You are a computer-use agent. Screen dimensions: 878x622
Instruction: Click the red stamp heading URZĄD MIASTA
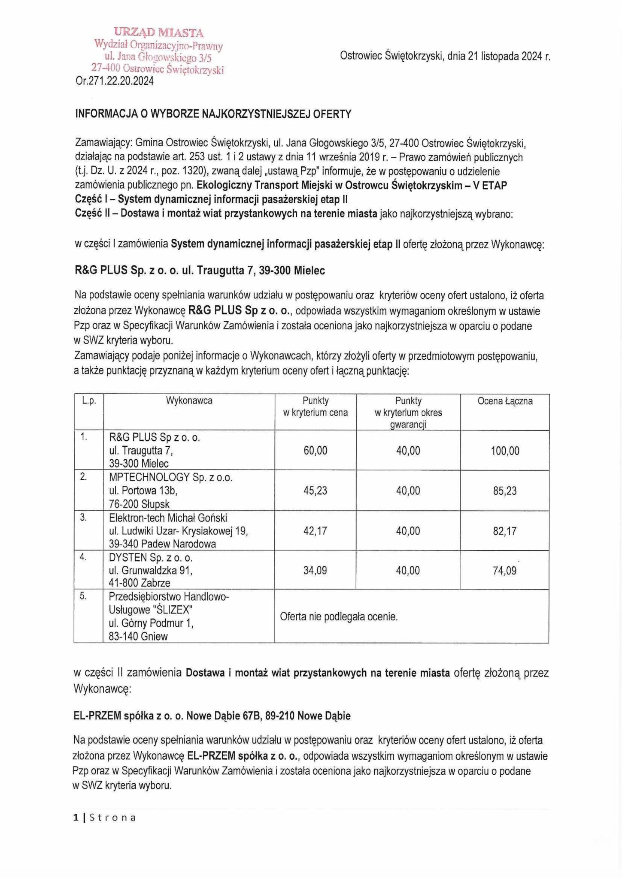(x=158, y=33)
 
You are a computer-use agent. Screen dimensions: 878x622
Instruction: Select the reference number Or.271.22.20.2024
(x=115, y=81)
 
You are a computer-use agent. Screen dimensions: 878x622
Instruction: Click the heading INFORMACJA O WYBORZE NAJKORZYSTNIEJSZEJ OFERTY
(x=213, y=114)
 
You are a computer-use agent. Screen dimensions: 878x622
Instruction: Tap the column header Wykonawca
(x=189, y=401)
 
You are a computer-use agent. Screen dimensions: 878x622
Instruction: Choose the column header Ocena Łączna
(x=505, y=401)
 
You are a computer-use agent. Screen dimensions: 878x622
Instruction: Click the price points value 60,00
(x=315, y=451)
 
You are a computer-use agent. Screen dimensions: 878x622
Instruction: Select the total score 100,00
(x=505, y=451)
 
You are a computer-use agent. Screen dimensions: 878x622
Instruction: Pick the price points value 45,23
(x=315, y=491)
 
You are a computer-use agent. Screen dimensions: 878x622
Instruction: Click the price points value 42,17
(x=315, y=531)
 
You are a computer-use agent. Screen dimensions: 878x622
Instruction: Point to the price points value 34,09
(x=315, y=571)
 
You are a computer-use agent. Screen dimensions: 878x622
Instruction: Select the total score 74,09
(x=505, y=571)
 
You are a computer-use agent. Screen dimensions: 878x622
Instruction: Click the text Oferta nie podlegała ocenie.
(x=339, y=617)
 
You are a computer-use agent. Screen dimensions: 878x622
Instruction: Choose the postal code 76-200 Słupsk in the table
(x=140, y=504)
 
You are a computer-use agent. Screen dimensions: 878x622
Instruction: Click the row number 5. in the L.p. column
(x=83, y=596)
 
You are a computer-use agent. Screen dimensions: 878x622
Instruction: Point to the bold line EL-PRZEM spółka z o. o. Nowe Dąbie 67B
(x=212, y=716)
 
